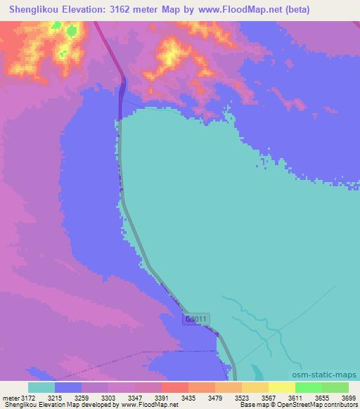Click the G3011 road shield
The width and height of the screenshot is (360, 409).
(x=197, y=320)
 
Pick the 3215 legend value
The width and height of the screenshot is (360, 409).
(x=56, y=398)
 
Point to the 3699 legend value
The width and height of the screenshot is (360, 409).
(x=347, y=398)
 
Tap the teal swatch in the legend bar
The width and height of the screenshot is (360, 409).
(x=41, y=387)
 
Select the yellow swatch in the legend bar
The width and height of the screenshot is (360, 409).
(x=282, y=387)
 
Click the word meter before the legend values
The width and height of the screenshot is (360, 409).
(x=9, y=398)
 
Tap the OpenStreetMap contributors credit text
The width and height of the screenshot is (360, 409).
(x=316, y=405)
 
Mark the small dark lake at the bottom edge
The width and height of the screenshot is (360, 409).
(x=255, y=373)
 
